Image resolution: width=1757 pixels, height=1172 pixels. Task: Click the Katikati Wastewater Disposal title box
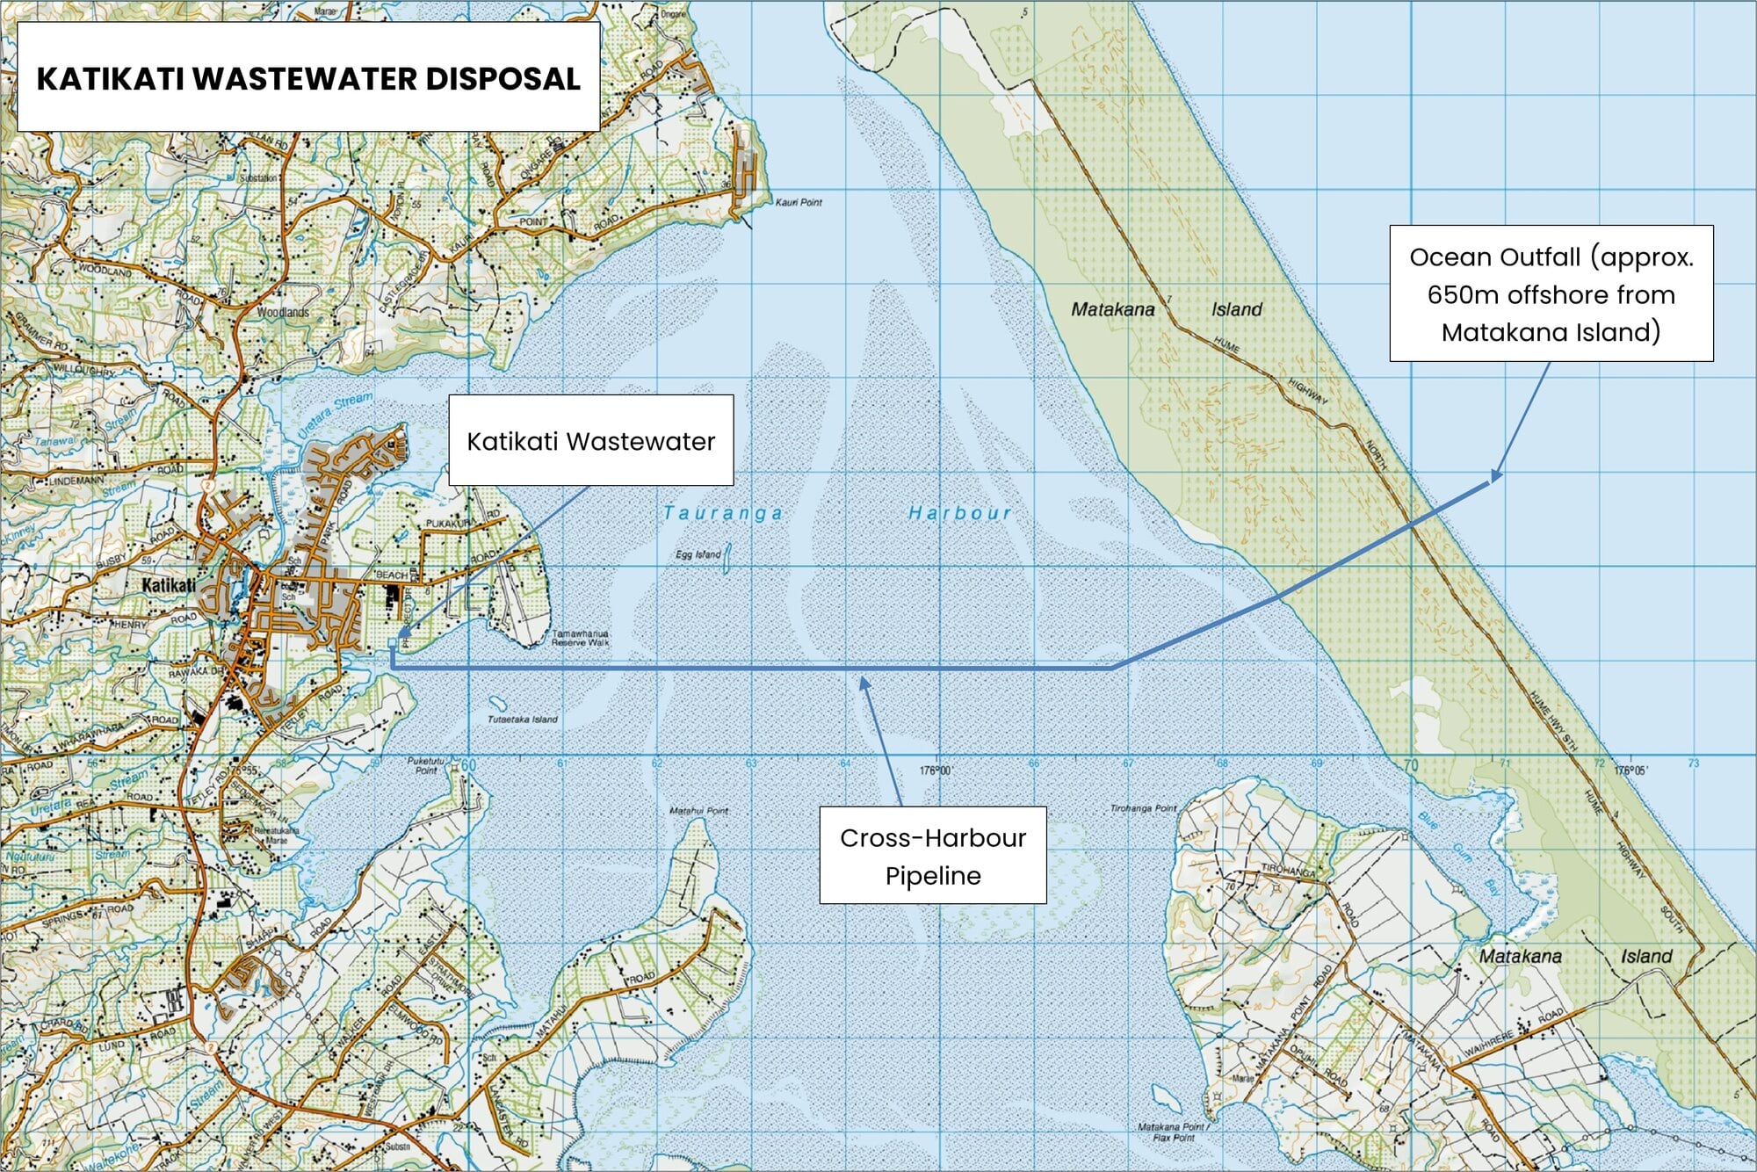308,77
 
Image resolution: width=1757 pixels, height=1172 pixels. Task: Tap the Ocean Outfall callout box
1551,293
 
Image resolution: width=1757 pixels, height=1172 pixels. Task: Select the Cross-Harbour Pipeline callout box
932,855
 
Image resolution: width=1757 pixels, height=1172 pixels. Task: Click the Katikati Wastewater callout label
590,440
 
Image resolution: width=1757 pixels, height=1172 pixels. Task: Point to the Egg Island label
698,554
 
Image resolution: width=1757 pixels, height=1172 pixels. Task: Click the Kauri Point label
798,202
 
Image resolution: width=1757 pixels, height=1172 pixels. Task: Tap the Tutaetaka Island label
523,719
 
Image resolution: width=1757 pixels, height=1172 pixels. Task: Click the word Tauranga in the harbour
722,513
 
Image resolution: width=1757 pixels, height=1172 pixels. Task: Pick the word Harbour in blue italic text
959,512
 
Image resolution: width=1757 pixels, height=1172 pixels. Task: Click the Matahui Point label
698,810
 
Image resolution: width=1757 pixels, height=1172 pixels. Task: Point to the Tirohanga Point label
1142,807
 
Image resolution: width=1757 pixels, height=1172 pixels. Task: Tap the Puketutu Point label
426,766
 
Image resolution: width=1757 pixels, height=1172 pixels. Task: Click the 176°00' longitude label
936,770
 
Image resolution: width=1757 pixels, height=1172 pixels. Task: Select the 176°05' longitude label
1630,770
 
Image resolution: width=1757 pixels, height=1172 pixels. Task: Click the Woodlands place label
283,312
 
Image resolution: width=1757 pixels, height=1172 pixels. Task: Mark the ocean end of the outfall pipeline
1491,480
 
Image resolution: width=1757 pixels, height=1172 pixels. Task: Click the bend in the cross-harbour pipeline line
1112,668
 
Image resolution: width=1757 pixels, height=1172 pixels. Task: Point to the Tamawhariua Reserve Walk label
580,638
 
